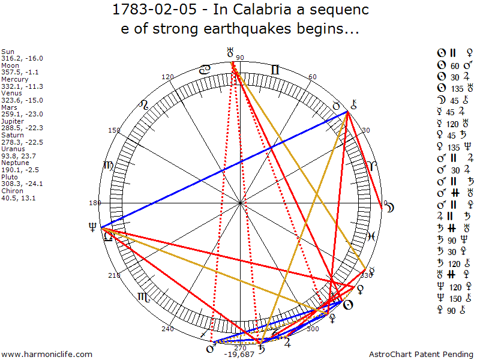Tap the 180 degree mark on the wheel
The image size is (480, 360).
point(95,203)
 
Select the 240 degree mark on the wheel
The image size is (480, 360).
point(167,329)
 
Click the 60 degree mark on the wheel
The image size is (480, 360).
point(312,77)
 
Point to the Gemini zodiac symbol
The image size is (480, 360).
point(275,70)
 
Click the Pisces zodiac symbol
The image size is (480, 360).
point(371,236)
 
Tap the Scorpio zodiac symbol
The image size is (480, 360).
point(144,296)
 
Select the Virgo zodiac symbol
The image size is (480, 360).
point(108,165)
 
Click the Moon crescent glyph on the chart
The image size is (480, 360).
point(390,208)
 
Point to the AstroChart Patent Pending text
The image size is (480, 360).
point(422,355)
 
